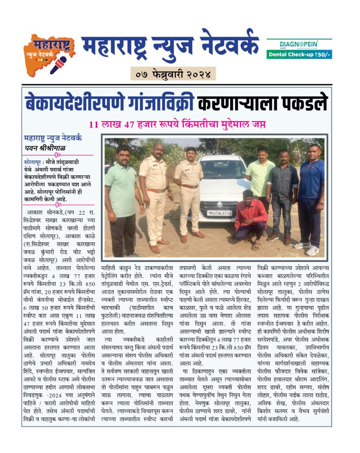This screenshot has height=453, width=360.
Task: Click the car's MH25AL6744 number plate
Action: tap(220, 213)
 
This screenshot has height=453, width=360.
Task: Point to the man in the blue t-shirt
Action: tap(312, 195)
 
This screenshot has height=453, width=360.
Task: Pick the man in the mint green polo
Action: tap(120, 195)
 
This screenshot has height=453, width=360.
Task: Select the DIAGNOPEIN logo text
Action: tap(298, 44)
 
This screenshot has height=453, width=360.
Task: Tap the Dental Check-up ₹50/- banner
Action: tap(299, 54)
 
